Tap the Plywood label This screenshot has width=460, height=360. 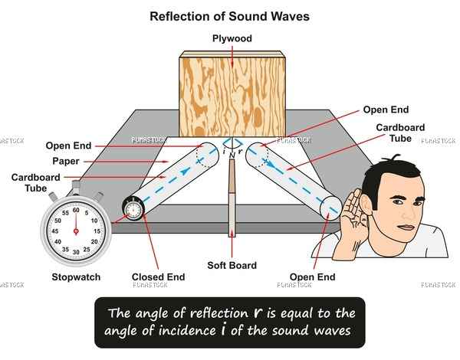pyautogui.click(x=232, y=39)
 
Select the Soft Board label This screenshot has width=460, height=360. pyautogui.click(x=232, y=265)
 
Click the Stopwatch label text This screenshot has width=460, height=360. pyautogui.click(x=76, y=277)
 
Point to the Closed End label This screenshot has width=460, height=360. pyautogui.click(x=159, y=277)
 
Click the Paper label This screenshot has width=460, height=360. pyautogui.click(x=66, y=162)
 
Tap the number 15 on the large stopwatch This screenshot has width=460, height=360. pyautogui.click(x=97, y=231)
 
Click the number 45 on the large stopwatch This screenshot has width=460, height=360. pyautogui.click(x=55, y=231)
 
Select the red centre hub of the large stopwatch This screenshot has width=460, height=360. pyautogui.click(x=76, y=231)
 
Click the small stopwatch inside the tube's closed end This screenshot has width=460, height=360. pyautogui.click(x=133, y=209)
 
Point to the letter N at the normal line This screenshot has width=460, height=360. pyautogui.click(x=232, y=155)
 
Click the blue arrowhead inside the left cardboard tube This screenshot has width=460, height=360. pyautogui.click(x=184, y=171)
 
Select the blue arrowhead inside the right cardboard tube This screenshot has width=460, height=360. pyautogui.click(x=271, y=165)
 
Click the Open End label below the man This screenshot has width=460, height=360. pyautogui.click(x=312, y=277)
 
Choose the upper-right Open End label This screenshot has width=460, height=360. pyautogui.click(x=386, y=110)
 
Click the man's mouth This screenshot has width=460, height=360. pyautogui.click(x=406, y=227)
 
